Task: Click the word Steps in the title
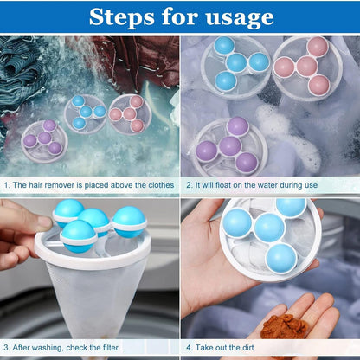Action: [x=122, y=16]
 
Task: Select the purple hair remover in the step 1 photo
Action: [x=43, y=137]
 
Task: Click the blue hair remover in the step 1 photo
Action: [x=87, y=112]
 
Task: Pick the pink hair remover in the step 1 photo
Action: [x=129, y=113]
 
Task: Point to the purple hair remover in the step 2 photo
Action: [x=229, y=145]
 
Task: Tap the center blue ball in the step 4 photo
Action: [x=269, y=228]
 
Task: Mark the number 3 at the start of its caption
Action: [x=6, y=347]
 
